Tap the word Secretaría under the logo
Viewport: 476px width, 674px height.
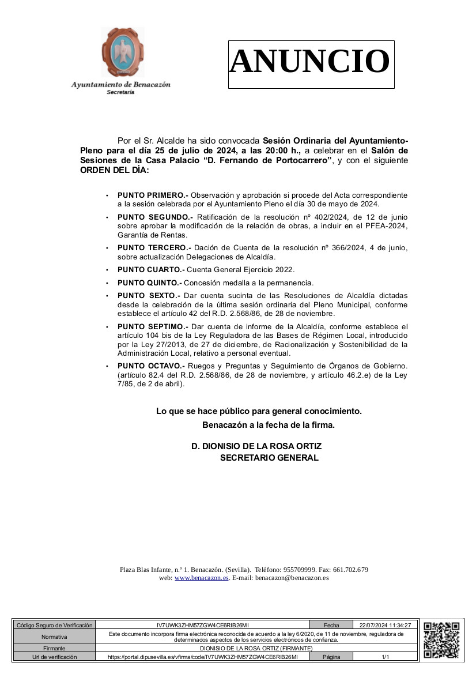120,92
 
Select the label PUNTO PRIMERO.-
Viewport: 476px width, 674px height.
153,195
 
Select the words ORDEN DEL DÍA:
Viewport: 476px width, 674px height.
114,170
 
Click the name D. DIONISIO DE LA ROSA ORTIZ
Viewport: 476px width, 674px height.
256,446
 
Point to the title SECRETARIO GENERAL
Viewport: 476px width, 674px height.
269,458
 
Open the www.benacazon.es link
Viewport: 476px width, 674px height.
201,578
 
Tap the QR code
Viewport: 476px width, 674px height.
441,640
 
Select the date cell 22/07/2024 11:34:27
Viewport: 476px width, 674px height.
384,625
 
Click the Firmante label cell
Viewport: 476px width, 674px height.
54,648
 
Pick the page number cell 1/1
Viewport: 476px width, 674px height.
385,657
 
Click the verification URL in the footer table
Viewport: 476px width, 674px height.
202,657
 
